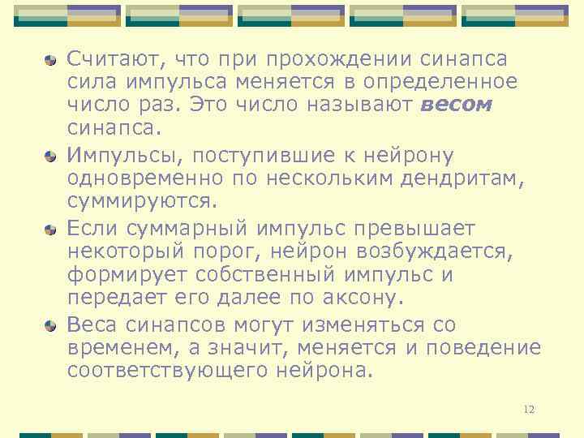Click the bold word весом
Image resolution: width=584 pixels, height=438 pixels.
click(x=457, y=105)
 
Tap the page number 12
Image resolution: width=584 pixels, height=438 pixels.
click(x=529, y=410)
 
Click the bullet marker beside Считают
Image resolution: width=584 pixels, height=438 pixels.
click(x=50, y=59)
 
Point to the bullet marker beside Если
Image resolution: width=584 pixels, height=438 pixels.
click(x=50, y=230)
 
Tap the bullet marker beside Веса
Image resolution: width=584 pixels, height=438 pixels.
click(x=50, y=325)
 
